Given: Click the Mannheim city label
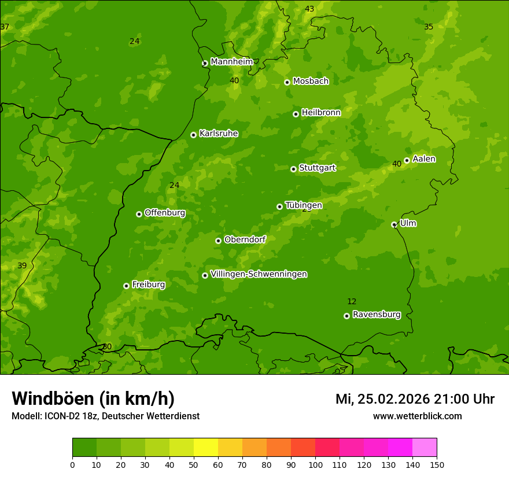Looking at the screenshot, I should [x=232, y=62].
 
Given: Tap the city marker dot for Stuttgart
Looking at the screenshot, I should [x=293, y=169].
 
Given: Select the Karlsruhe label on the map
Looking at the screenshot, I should [x=219, y=134].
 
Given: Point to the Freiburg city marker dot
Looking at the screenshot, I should [x=126, y=286].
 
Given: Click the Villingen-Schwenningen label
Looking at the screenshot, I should [x=259, y=274].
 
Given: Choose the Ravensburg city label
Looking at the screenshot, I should [x=377, y=315].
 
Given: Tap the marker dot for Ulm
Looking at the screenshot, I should [x=394, y=224].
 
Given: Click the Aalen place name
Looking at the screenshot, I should [x=424, y=159].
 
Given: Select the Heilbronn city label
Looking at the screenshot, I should [x=321, y=113].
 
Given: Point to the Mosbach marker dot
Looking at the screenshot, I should [x=287, y=82].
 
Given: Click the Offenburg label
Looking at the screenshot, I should [x=165, y=213].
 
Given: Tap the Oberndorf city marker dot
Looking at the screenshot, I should [x=218, y=241].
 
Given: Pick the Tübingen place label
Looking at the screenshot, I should [x=304, y=205].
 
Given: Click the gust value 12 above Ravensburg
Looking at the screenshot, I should [x=352, y=301].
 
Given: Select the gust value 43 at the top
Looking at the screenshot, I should [x=309, y=9].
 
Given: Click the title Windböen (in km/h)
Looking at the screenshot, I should [x=93, y=398].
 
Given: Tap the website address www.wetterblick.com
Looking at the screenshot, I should [x=417, y=416].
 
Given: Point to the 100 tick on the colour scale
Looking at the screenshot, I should [x=315, y=464].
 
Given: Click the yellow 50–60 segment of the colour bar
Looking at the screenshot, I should [x=206, y=448].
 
